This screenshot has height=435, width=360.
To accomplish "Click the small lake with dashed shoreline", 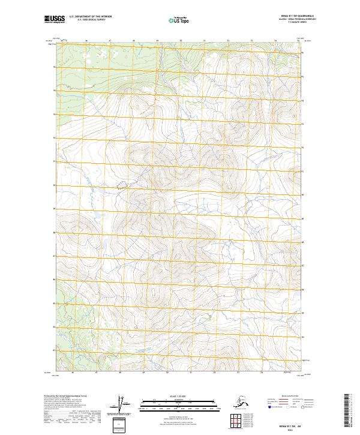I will click(122, 186).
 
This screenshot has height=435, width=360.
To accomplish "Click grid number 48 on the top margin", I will click(134, 41).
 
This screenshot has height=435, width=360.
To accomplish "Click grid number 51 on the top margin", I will click(204, 41).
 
